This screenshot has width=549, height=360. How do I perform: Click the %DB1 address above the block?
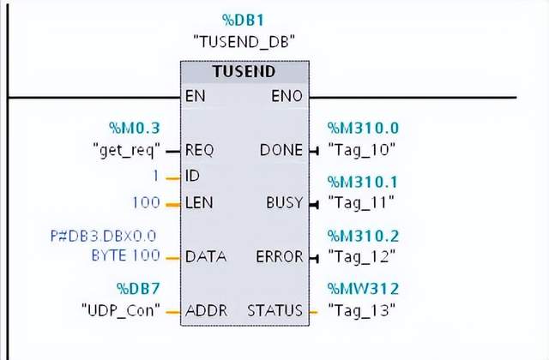coord(244,19)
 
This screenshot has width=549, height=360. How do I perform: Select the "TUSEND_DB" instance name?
coord(244,39)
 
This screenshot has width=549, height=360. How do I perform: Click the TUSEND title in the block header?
coord(244,73)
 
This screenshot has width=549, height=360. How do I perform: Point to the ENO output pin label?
coord(287,97)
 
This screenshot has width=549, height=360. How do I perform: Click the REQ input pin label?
coord(199,150)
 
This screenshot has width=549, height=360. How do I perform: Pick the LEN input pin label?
coord(198,203)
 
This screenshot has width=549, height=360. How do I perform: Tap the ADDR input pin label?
coord(206,309)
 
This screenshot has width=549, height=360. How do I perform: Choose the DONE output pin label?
coord(281,150)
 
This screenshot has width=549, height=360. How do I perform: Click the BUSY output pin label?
coord(285,203)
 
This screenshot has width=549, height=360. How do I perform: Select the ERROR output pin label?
coord(280,256)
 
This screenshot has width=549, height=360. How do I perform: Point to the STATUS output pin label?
coord(275,309)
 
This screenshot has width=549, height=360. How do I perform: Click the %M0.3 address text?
coord(138,129)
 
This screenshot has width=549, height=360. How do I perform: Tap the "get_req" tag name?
coord(126,150)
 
